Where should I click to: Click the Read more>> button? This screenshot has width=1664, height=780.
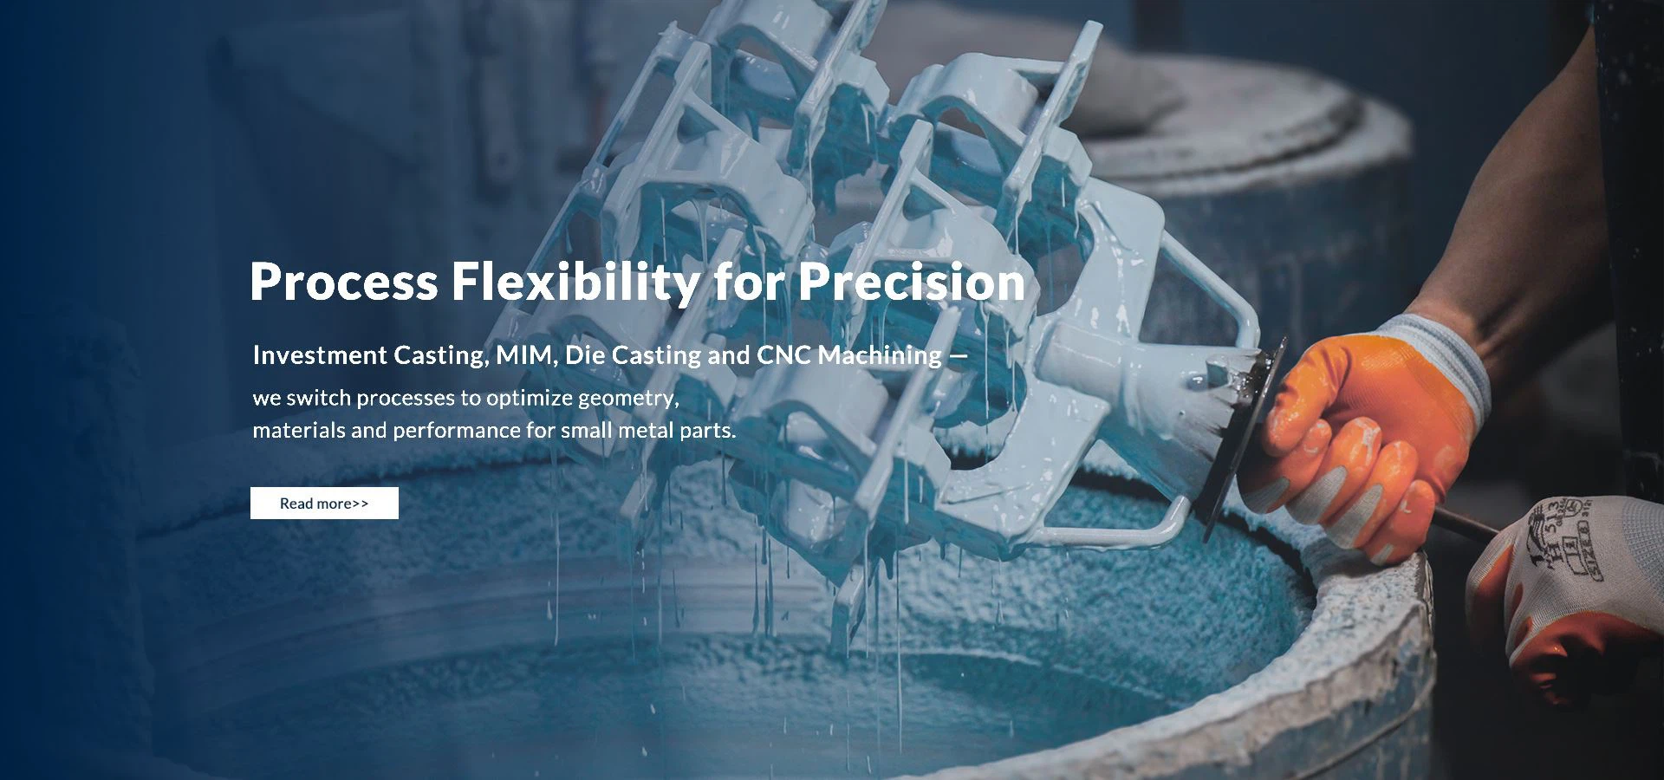pos(324,503)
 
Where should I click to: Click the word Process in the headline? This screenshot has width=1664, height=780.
pos(343,282)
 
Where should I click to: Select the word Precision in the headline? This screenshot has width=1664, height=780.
pos(912,282)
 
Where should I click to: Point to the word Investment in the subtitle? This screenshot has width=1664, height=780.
pos(320,355)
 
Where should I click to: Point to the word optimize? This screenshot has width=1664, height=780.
pos(530,399)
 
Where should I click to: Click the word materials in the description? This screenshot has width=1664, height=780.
pos(299,431)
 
